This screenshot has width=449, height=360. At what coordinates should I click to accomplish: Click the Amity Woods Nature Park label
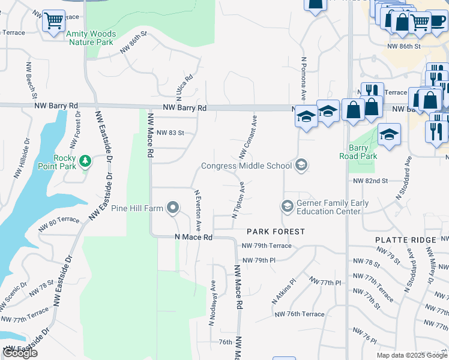(x=91, y=38)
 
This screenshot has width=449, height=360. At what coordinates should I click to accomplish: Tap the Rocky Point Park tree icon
(x=86, y=161)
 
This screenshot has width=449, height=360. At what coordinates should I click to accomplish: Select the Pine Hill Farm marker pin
(x=173, y=208)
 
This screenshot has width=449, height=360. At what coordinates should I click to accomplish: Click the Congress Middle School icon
(x=301, y=165)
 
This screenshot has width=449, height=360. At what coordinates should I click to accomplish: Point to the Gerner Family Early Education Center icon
(x=287, y=206)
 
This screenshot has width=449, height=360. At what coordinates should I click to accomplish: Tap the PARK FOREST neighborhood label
(x=276, y=231)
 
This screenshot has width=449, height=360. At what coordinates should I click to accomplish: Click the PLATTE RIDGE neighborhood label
(x=405, y=239)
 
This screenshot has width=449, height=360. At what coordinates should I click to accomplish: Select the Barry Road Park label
(x=363, y=152)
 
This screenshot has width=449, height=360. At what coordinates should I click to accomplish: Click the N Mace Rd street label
(x=193, y=238)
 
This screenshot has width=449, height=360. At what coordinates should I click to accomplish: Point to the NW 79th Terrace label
(x=267, y=246)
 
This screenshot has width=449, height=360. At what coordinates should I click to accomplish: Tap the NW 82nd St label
(x=370, y=181)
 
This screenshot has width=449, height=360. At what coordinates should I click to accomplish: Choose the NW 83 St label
(x=169, y=132)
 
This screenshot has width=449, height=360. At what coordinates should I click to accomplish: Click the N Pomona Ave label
(x=304, y=79)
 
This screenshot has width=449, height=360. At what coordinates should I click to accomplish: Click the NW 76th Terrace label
(x=299, y=314)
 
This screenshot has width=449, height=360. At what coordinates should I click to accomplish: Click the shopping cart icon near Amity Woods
(x=54, y=22)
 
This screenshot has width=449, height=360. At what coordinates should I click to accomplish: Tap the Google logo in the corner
(x=20, y=352)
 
